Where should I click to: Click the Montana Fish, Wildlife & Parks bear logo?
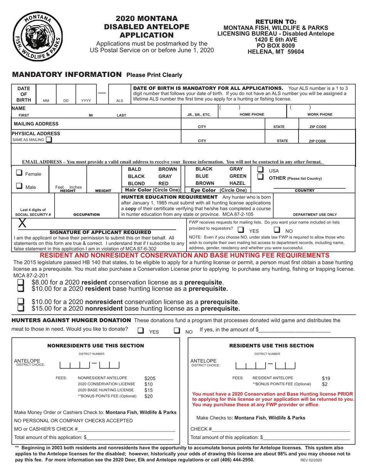pos(37,36)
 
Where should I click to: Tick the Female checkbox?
pos(19,173)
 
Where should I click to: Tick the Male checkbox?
pos(19,186)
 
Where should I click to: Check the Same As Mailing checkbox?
pos(49,140)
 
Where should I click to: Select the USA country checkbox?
pos(260,170)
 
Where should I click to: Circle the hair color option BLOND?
pos(136,183)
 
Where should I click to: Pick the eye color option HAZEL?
pos(238,183)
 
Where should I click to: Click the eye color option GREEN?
pos(238,176)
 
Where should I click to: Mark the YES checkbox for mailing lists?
pos(241,230)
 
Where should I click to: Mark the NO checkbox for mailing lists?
pos(277,230)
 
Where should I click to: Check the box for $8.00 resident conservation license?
pos(21,282)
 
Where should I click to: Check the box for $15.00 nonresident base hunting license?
pos(21,308)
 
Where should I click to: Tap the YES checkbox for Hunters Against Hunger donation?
pos(141,330)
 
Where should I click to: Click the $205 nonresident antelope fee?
pos(150,378)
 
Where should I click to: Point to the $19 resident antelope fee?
pos(326,378)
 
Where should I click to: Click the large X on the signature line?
pos(23,223)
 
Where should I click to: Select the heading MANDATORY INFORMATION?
pos(67,74)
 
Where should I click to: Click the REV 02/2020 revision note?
pos(311,460)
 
